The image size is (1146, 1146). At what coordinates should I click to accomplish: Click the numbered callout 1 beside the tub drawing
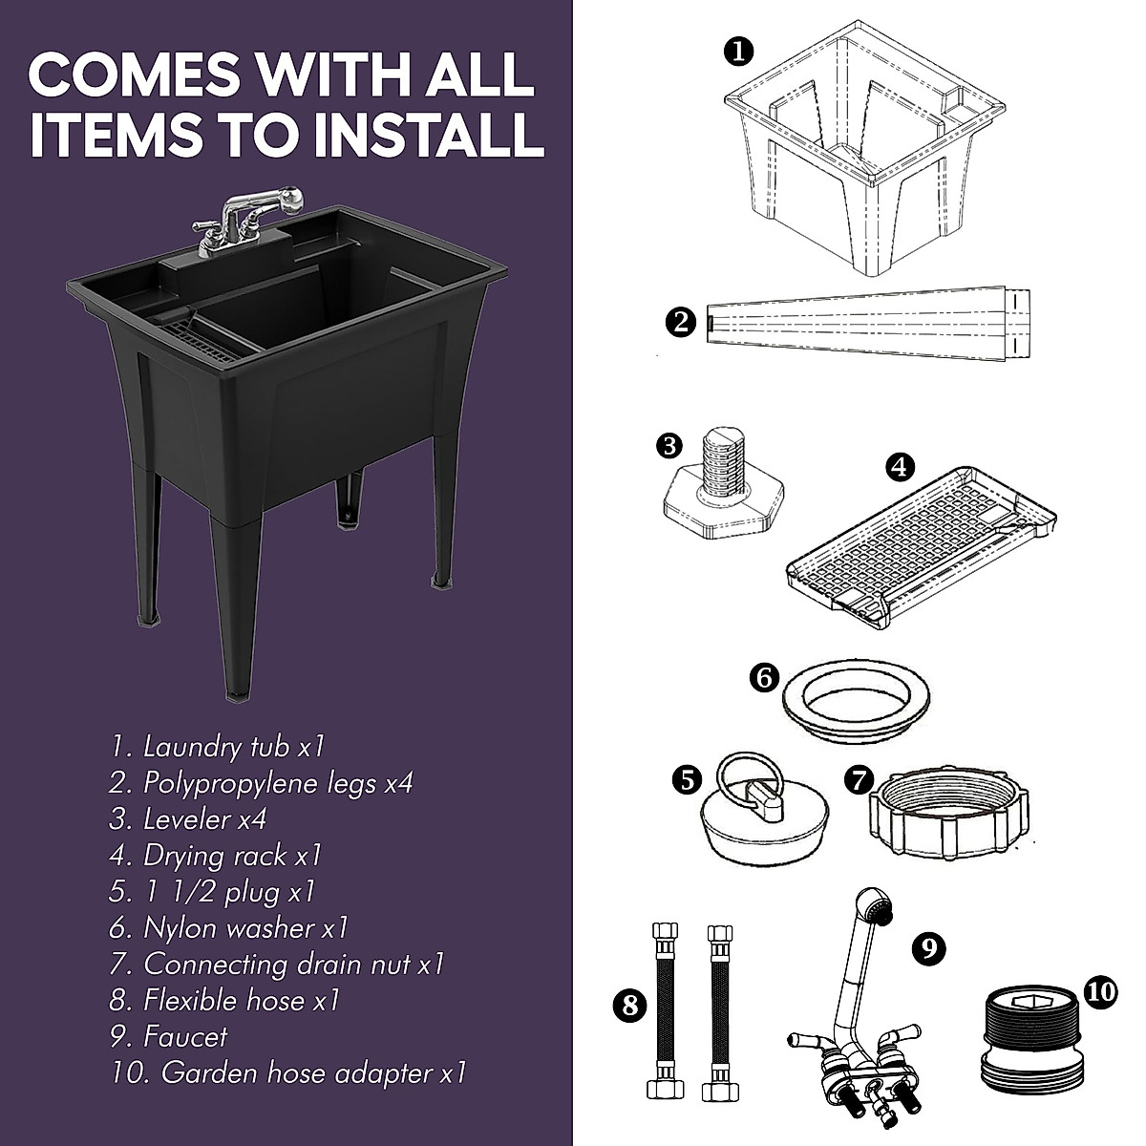737,52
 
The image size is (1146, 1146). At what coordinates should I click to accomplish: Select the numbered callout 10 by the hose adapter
1100,992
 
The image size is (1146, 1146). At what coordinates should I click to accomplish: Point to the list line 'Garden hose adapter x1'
287,1072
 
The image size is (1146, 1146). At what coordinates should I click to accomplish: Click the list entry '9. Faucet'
168,1036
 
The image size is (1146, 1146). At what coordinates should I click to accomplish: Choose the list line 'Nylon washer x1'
228,927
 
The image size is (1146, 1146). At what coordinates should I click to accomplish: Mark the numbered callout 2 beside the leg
682,322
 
